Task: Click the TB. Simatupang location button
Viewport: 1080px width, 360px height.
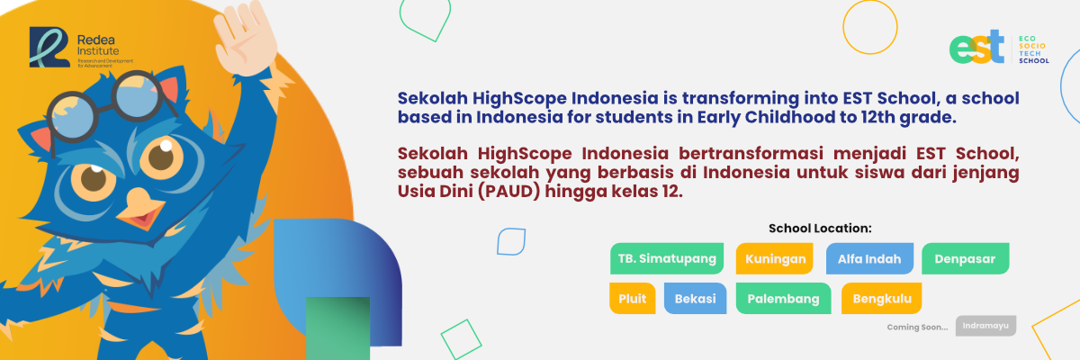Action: coord(667,259)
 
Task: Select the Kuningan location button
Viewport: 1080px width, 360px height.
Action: coord(775,259)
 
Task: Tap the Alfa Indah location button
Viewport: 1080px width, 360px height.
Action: coord(869,259)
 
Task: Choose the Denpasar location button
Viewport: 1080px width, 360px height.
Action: coord(965,259)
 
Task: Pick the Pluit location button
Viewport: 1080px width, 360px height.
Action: coord(632,298)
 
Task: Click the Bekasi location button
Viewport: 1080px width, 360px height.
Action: coord(695,298)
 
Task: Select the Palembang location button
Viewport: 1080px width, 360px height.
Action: coord(784,298)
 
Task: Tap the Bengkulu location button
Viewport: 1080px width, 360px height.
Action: coord(882,298)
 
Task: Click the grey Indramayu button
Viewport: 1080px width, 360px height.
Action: coord(986,326)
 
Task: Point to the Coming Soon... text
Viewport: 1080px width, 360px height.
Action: coord(917,328)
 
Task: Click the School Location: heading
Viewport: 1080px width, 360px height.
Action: coord(820,229)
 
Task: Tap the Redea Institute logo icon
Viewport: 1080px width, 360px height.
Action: coord(49,47)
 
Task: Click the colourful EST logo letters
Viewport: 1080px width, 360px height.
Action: coord(976,48)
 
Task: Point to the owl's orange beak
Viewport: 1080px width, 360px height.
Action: coord(139,209)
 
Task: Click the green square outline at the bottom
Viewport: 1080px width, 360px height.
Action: coord(462,340)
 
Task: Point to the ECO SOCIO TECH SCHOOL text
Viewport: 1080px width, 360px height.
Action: coord(1034,49)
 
